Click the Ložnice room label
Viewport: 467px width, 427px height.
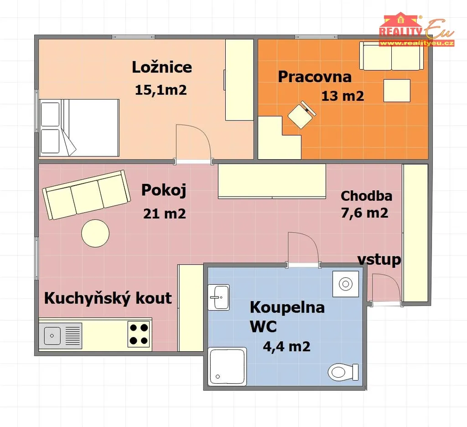[x=162, y=67]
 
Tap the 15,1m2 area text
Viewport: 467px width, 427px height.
[x=161, y=90]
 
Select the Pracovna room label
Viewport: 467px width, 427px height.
[x=315, y=77]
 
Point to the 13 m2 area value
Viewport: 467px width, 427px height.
[x=342, y=96]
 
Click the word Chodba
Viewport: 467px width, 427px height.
[x=366, y=196]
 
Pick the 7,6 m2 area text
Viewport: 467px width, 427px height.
[x=364, y=213]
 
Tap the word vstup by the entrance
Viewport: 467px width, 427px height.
[x=379, y=260]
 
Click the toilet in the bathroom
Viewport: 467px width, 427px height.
[x=343, y=372]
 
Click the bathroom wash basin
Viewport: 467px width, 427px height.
[x=218, y=297]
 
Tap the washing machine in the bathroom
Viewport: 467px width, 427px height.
[x=346, y=284]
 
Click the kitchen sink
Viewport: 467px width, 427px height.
[x=61, y=336]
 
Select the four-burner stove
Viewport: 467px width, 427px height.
[x=139, y=334]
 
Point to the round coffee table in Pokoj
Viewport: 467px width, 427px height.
[x=95, y=233]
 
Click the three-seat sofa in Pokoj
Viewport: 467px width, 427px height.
[x=87, y=195]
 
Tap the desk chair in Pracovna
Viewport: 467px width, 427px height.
[x=302, y=115]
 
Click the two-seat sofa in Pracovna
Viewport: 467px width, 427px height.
[x=392, y=56]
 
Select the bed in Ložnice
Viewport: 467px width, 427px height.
[x=79, y=128]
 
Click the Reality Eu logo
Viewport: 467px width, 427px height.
[x=416, y=30]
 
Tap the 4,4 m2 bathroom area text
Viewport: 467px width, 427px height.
[x=286, y=347]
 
